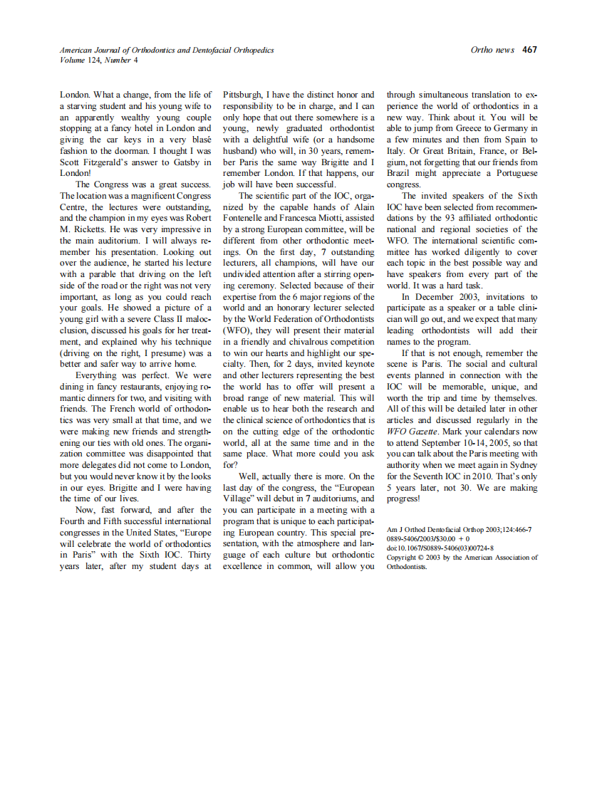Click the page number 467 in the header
[x=529, y=50]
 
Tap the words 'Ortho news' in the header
[x=492, y=50]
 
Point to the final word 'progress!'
[x=403, y=498]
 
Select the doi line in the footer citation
[x=440, y=548]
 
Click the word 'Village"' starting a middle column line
[x=239, y=499]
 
